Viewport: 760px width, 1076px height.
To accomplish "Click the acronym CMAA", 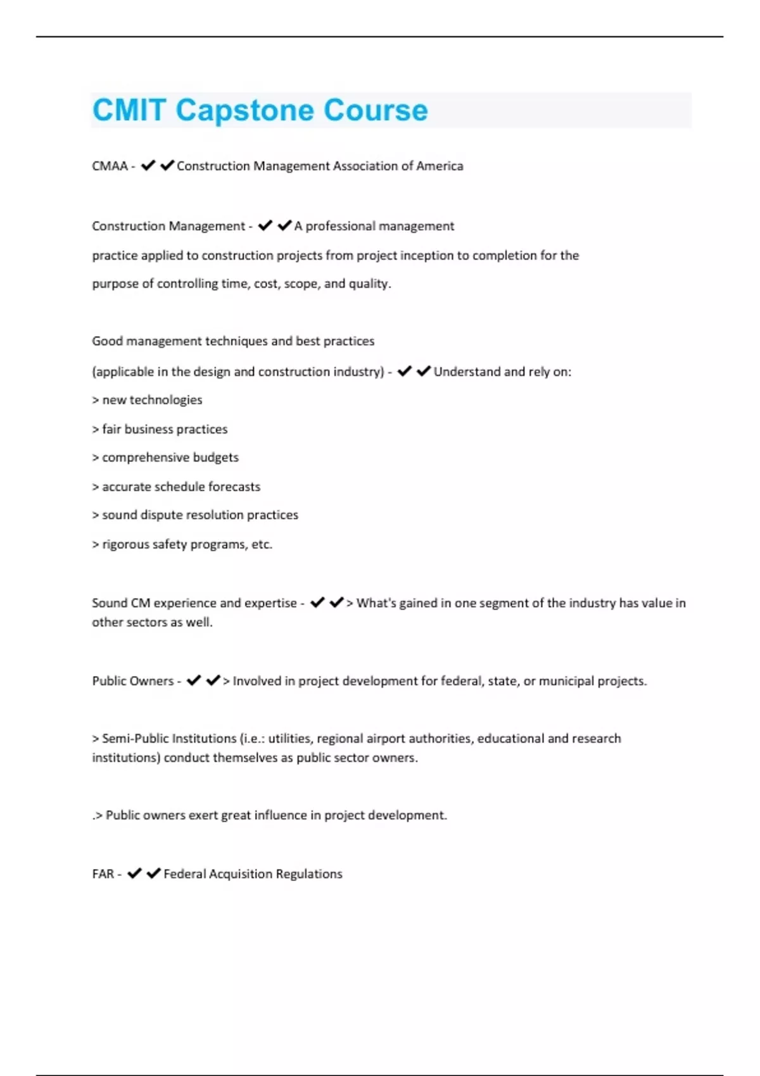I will (x=110, y=166).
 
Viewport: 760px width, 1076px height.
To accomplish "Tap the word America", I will (x=440, y=166).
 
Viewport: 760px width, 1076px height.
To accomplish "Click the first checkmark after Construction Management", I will (x=265, y=226).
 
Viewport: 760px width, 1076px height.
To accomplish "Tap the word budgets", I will (x=216, y=458).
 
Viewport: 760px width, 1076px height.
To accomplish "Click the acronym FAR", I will (x=103, y=874).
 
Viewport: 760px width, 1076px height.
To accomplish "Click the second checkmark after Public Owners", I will (x=213, y=681).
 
